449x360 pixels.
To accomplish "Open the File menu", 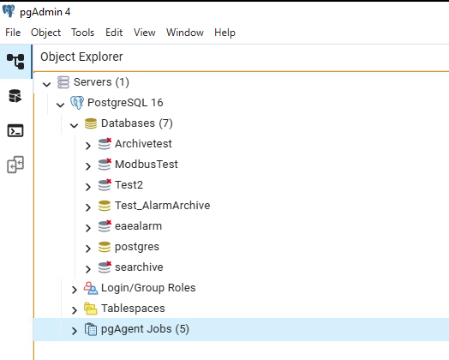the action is point(13,33).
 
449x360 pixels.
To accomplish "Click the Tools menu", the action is point(83,33).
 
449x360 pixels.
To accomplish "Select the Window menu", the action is point(185,33).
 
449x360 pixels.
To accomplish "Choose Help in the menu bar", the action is point(224,33).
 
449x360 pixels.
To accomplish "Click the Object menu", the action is point(45,33).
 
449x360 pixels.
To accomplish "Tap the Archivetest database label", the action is point(143,144).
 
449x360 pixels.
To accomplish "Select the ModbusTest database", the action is point(147,165).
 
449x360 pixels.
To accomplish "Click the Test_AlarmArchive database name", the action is point(162,206).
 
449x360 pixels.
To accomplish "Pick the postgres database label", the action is point(137,247).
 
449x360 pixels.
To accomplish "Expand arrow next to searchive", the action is point(88,269).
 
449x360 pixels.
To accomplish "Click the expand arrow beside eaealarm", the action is point(88,228).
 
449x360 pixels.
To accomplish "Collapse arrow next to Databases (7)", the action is point(75,125).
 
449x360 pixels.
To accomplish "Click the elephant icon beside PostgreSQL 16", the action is point(77,103).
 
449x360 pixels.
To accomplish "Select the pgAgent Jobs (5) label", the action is point(145,329).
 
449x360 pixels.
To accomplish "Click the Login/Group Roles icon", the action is point(91,288).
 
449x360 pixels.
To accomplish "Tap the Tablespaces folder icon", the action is point(91,309).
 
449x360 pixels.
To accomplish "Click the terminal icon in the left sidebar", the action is point(15,130).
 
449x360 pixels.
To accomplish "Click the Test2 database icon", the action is point(105,185).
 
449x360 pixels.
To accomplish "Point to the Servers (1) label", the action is point(101,82).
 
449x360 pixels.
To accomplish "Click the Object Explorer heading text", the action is point(81,57).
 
